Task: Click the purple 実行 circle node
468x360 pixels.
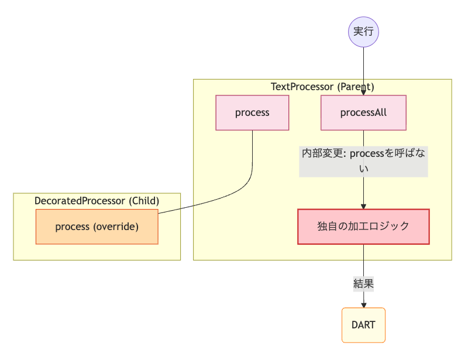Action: (363, 32)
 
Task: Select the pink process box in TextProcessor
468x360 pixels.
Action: (252, 112)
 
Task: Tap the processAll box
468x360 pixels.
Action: (363, 112)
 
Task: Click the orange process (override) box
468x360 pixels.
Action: (97, 227)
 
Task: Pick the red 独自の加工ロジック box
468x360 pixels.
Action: (363, 227)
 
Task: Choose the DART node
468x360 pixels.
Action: (363, 325)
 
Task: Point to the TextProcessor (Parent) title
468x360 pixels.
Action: (322, 87)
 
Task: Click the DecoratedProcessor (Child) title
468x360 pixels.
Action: (97, 201)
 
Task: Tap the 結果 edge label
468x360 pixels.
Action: (363, 284)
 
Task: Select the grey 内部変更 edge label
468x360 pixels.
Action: (363, 160)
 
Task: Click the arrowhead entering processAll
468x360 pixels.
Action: (363, 92)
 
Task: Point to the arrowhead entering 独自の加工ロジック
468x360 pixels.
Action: (363, 206)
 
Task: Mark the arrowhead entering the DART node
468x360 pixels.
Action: (363, 305)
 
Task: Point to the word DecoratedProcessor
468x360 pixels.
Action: (80, 201)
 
